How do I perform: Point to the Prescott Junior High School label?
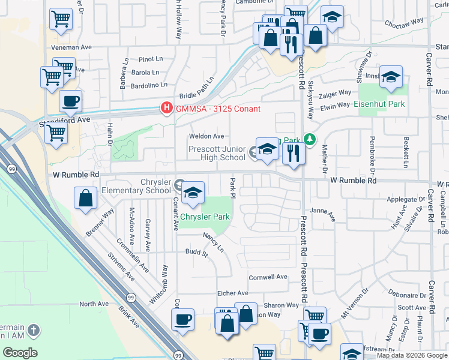point(217,153)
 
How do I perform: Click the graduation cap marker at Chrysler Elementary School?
point(193,193)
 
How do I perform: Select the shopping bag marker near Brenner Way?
point(86,197)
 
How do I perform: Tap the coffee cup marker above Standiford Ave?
point(71,101)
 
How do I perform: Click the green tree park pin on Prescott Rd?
point(309,140)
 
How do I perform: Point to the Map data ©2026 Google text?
point(412,355)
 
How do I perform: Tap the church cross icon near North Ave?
point(34,330)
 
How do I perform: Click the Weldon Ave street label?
point(206,136)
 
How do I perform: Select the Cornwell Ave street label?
point(269,277)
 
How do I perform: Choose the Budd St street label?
point(196,253)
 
